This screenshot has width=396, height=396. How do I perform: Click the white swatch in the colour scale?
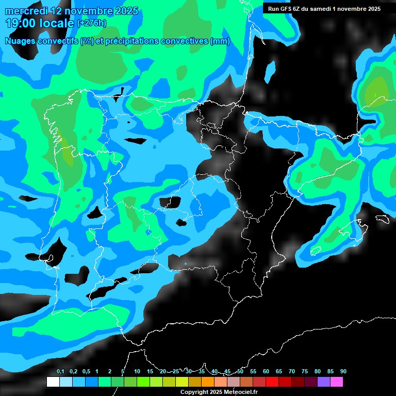click(x=53, y=382)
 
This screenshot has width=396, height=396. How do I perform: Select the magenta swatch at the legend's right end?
click(x=337, y=382)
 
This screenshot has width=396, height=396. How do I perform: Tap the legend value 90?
click(x=343, y=372)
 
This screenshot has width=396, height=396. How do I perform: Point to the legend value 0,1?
click(x=60, y=372)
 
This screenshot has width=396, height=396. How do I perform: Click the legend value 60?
click(x=266, y=372)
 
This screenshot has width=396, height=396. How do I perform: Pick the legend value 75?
click(x=305, y=372)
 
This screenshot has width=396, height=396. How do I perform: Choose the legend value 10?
click(x=137, y=372)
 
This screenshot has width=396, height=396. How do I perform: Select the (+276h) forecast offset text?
click(x=91, y=23)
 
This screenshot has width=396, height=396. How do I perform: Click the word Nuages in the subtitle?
click(x=20, y=41)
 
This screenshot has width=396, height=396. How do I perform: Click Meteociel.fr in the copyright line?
click(x=237, y=392)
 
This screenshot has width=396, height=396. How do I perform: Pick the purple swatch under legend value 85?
click(x=324, y=382)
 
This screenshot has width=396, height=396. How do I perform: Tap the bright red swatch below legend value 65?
click(x=272, y=382)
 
